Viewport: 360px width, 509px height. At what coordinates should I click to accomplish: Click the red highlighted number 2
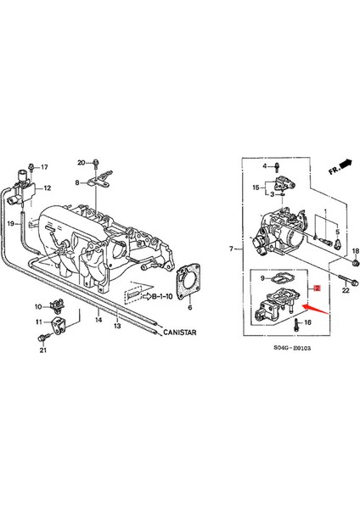(317, 288)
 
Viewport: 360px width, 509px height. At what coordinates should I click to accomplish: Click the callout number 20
(82, 162)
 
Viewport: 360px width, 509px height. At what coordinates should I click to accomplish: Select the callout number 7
(230, 249)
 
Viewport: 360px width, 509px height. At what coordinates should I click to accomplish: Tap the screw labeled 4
(278, 167)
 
